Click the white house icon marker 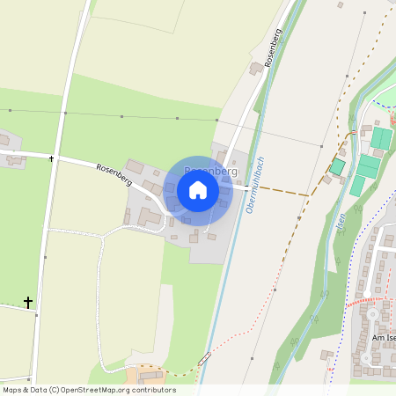(198, 190)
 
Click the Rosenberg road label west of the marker (114, 174)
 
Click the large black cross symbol (28, 303)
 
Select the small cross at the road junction (52, 159)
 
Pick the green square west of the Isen (337, 166)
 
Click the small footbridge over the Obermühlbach (204, 358)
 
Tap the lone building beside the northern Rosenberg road (256, 67)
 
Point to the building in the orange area (151, 377)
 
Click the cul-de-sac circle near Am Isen (371, 312)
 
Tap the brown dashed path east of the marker (277, 190)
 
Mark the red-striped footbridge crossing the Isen (352, 133)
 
